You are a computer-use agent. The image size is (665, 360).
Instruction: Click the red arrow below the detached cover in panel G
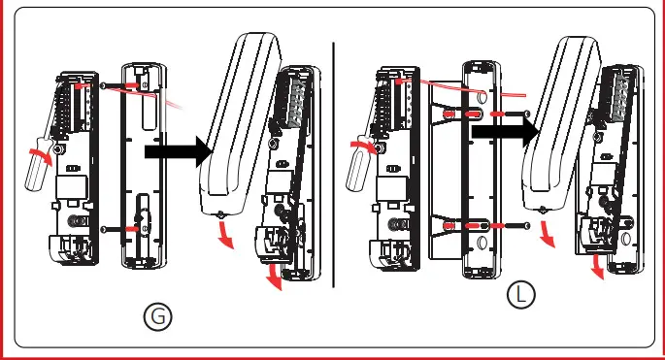[226, 234]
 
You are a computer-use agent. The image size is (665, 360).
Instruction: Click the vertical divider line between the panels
[333, 165]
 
